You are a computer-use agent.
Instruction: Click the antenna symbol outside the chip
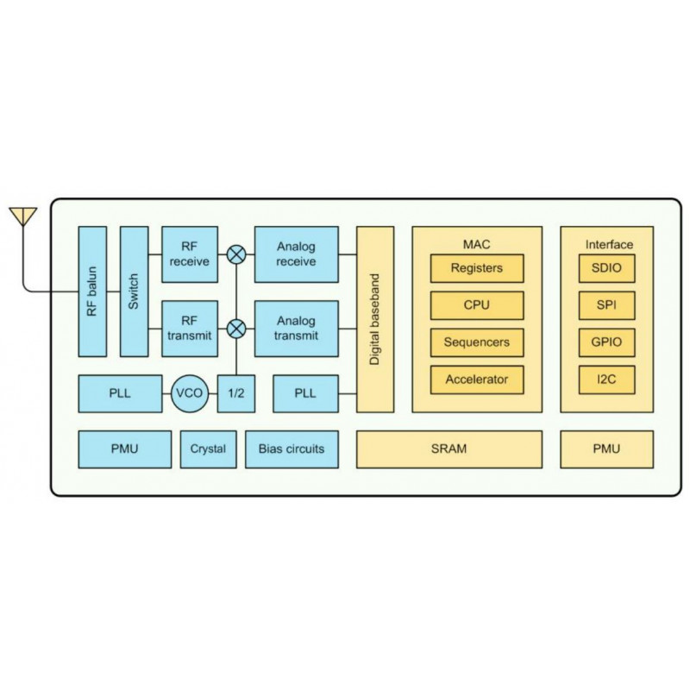point(22,215)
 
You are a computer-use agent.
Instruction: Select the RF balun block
point(92,292)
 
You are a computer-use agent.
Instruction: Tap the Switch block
point(134,292)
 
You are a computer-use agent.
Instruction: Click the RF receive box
point(190,254)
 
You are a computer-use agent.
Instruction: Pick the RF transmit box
point(190,328)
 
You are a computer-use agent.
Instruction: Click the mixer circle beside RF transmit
point(235,328)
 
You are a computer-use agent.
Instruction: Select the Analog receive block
point(296,254)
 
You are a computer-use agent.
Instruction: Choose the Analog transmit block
point(296,328)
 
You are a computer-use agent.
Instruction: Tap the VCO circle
point(189,393)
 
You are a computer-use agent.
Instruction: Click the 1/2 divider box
point(235,393)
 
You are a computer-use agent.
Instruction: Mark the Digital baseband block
point(375,319)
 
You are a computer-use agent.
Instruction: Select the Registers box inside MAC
point(477,268)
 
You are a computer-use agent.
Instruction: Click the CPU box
point(477,304)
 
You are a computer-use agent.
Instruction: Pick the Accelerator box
point(477,379)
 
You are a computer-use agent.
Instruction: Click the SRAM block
point(448,448)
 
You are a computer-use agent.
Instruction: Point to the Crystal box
point(208,448)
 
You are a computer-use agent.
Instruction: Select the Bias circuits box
point(292,448)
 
